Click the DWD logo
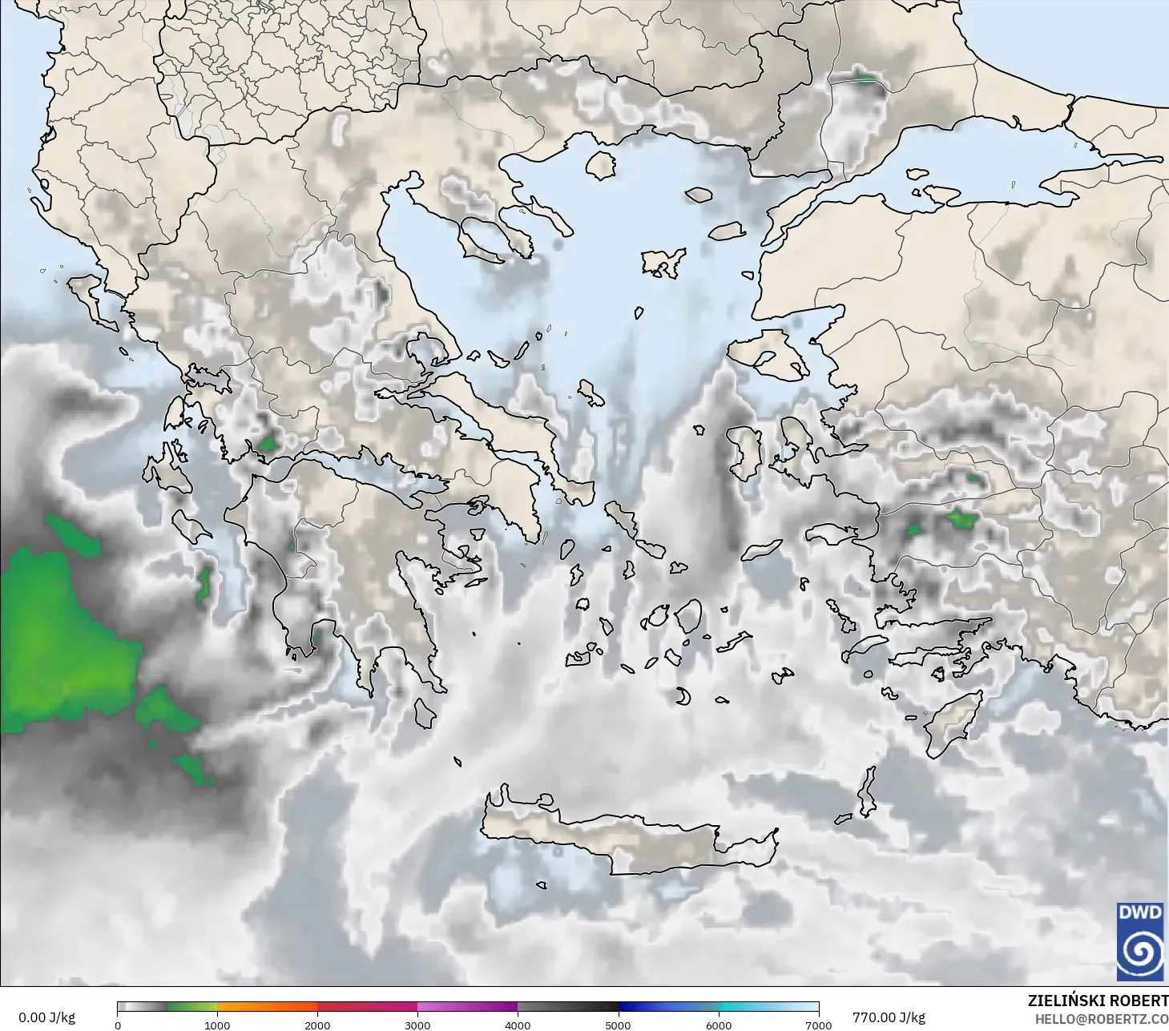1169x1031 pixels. point(1140,941)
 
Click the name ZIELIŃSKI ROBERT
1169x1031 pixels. point(1098,1001)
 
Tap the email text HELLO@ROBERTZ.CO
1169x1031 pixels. point(1101,1019)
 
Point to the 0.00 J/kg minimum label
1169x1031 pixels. point(46,1017)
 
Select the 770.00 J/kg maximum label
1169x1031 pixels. point(889,1017)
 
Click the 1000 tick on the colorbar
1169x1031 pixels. point(217,1025)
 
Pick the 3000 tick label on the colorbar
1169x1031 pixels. point(417,1025)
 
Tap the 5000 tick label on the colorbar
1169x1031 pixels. point(618,1025)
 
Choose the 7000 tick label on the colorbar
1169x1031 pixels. point(818,1025)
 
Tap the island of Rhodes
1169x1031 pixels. point(953,721)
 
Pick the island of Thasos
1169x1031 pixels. point(600,165)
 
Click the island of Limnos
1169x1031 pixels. point(663,263)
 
